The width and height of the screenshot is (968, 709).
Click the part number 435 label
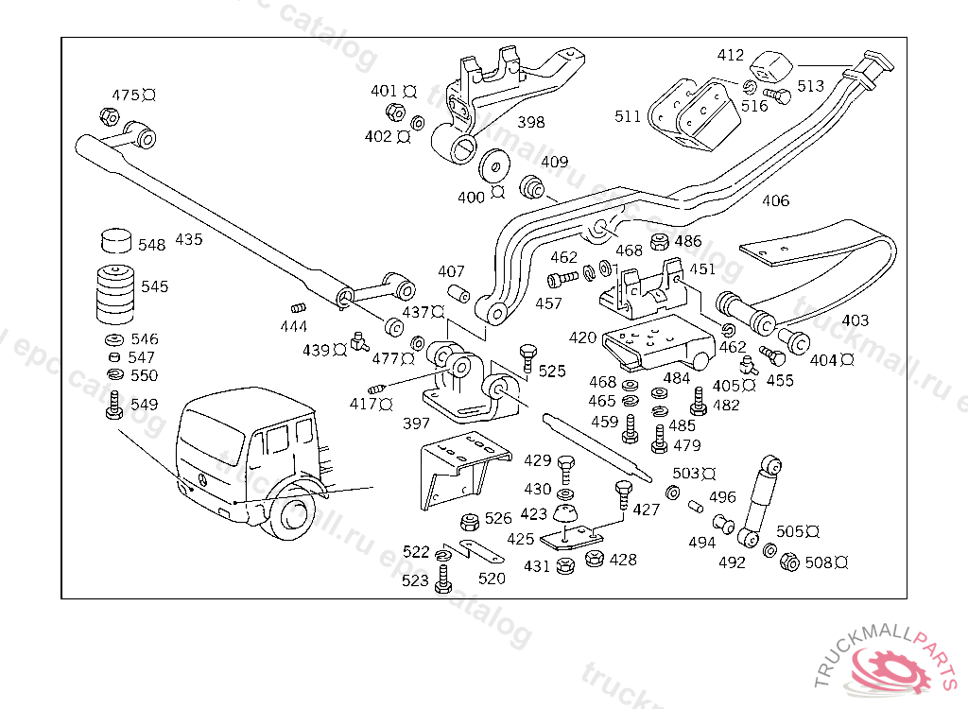(188, 239)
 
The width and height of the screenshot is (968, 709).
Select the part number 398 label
(530, 122)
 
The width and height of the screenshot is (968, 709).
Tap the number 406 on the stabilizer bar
(775, 200)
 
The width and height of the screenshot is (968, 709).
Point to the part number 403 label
(855, 320)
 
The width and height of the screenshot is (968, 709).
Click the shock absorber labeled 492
(760, 501)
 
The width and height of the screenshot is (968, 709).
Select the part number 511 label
(628, 116)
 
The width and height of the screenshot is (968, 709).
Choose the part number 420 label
(582, 337)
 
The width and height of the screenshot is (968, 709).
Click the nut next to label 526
(468, 520)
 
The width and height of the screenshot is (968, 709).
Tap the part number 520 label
(492, 578)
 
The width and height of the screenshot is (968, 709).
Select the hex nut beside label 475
(108, 117)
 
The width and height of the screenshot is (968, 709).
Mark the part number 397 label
(416, 424)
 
